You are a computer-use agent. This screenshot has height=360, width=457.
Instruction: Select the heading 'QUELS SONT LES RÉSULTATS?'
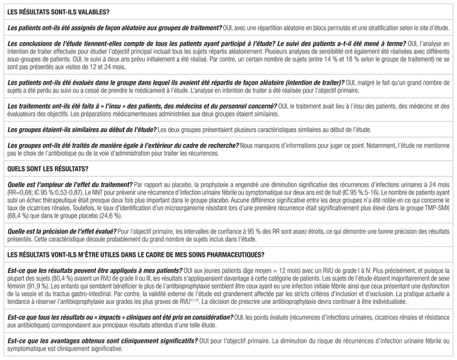click(46, 168)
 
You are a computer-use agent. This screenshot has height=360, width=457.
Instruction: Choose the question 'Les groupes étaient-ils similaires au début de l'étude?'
click(80, 129)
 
